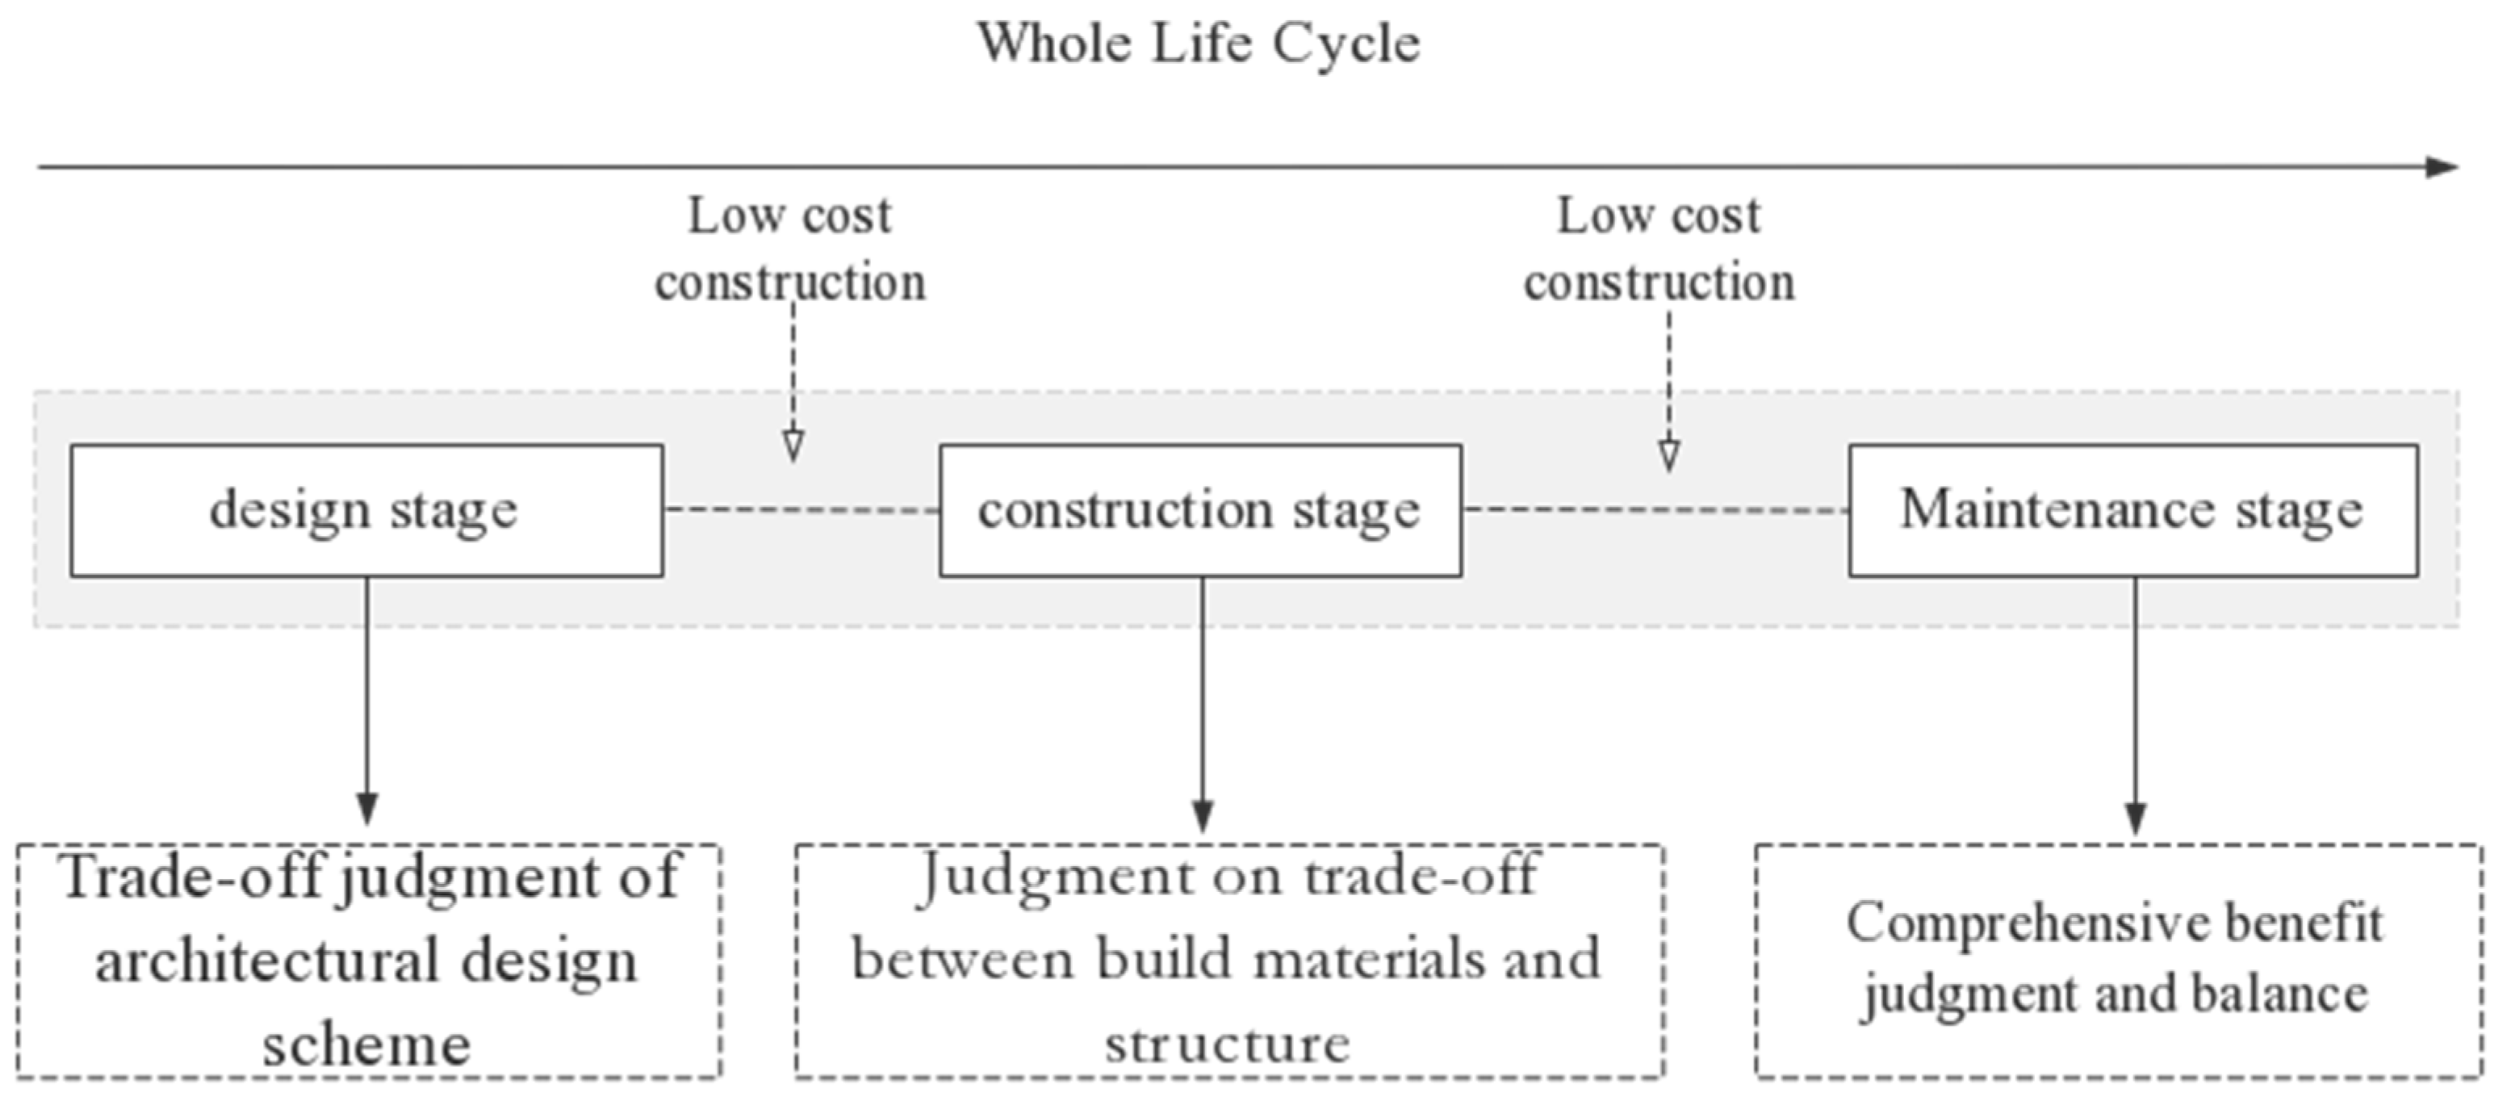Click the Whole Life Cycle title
1198,44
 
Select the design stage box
366,510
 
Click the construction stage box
1200,510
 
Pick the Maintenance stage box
2133,510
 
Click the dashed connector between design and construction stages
802,509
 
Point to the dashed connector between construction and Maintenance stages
1655,509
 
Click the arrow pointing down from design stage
366,700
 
